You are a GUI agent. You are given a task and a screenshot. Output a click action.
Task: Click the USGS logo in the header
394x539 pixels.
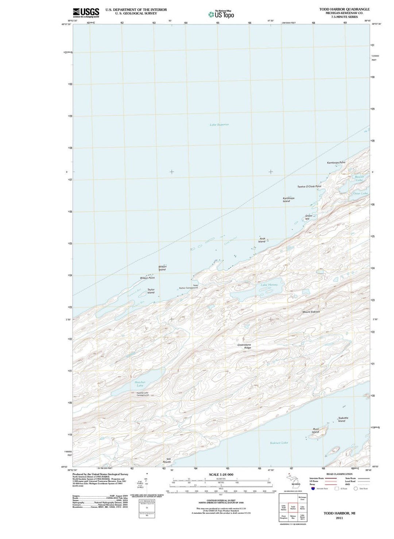pos(86,13)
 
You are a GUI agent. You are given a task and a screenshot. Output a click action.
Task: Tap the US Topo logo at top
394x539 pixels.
pos(221,14)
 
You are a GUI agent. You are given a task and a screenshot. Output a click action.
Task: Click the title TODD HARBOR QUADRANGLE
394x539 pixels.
pos(344,9)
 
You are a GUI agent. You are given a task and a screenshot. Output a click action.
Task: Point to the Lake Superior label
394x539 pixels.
pos(219,125)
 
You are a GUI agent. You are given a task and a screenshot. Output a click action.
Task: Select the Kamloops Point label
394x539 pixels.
pos(336,163)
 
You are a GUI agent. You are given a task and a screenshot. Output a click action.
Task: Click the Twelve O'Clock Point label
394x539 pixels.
pos(309,186)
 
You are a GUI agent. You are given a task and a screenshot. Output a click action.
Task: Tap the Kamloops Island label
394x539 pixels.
pos(288,199)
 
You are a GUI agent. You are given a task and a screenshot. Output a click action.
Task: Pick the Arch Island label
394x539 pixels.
pos(262,240)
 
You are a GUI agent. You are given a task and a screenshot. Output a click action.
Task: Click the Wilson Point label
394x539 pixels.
pos(147,278)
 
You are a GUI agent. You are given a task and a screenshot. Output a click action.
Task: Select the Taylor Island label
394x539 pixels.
pos(151,291)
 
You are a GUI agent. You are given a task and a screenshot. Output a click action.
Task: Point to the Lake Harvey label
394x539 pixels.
pos(269,285)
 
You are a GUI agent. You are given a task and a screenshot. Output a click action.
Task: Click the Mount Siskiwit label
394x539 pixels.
pos(311,312)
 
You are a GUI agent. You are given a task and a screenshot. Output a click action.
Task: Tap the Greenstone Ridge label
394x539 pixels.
pos(244,346)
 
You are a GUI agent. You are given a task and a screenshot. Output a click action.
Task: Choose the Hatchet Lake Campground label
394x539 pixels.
pos(142,394)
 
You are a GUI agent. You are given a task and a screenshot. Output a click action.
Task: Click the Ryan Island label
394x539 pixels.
pos(316,431)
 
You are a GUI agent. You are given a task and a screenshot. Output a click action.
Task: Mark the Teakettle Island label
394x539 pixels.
pos(343,419)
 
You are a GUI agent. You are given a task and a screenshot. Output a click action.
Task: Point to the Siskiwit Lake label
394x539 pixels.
pos(279,443)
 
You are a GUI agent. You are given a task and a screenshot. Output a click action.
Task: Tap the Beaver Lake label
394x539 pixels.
pos(359,178)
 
